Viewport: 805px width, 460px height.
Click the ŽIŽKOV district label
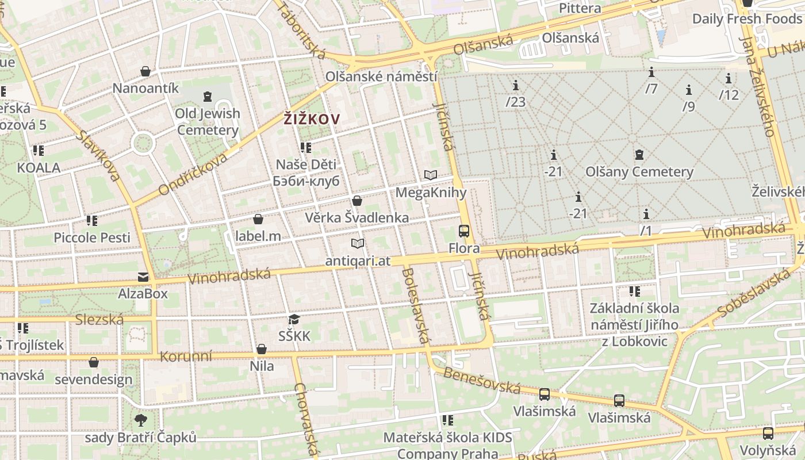312,119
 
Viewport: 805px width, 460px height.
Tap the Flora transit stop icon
464,231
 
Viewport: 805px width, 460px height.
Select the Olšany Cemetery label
639,171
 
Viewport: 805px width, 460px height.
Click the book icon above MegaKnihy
431,175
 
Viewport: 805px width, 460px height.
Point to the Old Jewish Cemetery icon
208,96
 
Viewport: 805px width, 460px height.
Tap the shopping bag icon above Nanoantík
146,71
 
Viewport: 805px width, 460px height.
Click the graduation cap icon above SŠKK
294,319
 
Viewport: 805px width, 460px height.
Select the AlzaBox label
143,293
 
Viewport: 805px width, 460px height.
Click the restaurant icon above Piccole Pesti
92,220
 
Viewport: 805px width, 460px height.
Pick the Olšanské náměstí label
381,76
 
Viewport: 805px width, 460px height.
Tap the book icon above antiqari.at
358,244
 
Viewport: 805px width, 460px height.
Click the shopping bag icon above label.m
258,219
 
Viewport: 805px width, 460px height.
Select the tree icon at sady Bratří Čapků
140,420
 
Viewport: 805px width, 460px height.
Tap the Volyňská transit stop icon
768,433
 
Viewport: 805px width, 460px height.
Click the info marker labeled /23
516,86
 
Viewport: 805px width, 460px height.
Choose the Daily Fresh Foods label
746,18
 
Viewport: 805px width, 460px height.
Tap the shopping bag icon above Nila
262,349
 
